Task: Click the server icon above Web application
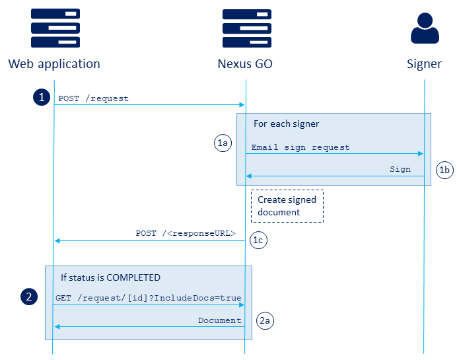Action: tap(54, 28)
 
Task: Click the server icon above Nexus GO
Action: tap(245, 28)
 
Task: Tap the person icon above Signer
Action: tap(424, 28)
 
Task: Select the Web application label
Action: tap(54, 64)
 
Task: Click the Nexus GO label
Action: tap(245, 64)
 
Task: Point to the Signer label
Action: tap(424, 64)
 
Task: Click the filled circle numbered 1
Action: tap(42, 97)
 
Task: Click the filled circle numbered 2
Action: tap(29, 297)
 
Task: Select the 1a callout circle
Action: tap(223, 143)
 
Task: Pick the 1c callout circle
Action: tap(259, 240)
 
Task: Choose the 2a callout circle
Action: tap(264, 320)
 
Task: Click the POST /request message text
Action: tap(93, 98)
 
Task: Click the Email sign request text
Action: tap(300, 147)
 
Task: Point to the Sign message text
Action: tap(400, 169)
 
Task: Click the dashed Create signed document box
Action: tap(287, 206)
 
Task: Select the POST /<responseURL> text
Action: tap(186, 233)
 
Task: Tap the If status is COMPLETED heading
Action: tap(110, 277)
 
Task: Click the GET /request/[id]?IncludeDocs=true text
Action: tap(148, 299)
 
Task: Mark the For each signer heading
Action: tap(286, 124)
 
